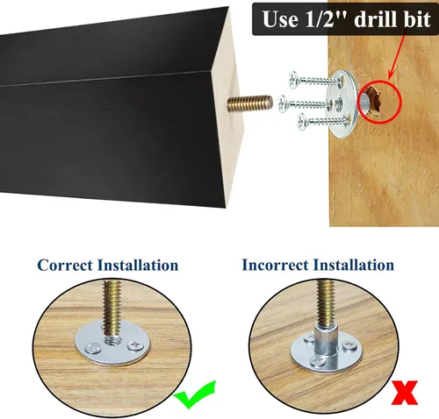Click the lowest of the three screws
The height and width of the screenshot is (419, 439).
click(320, 120)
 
